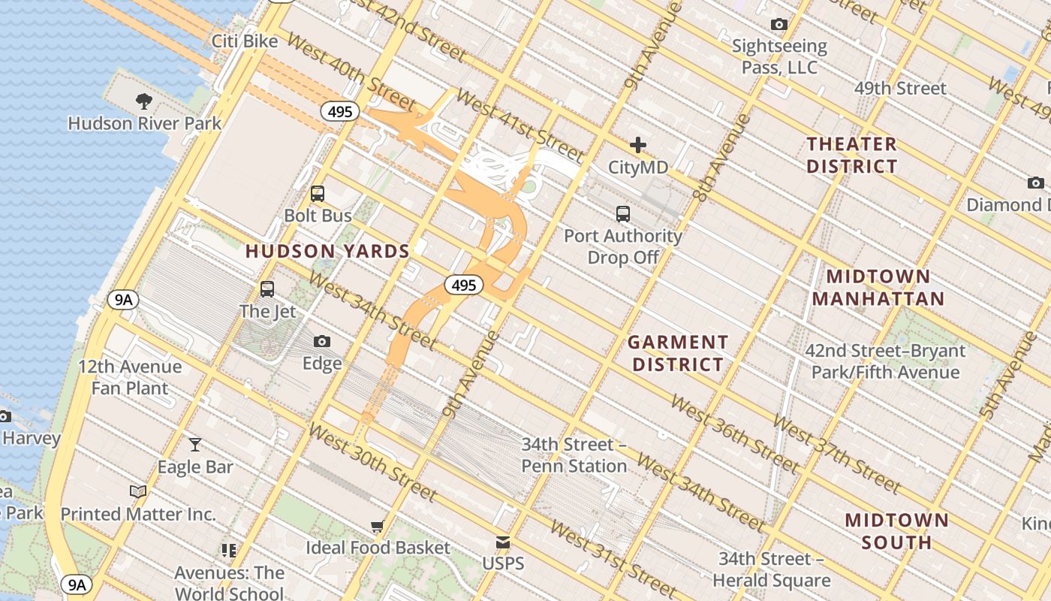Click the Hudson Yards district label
pyautogui.click(x=327, y=252)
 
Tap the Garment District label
pyautogui.click(x=678, y=353)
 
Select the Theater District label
pyautogui.click(x=851, y=155)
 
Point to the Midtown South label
pyautogui.click(x=896, y=530)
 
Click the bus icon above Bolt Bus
pyautogui.click(x=318, y=194)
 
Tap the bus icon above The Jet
pyautogui.click(x=267, y=289)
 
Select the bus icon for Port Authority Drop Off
pyautogui.click(x=623, y=214)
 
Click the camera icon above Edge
pyautogui.click(x=322, y=342)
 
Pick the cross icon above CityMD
pyautogui.click(x=638, y=145)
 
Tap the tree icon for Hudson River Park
pyautogui.click(x=144, y=101)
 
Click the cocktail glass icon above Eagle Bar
pyautogui.click(x=195, y=445)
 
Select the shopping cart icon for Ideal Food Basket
pyautogui.click(x=378, y=526)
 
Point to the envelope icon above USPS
pyautogui.click(x=503, y=542)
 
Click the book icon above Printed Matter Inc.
pyautogui.click(x=138, y=492)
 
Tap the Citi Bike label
pyautogui.click(x=245, y=41)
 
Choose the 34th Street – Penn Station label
pyautogui.click(x=574, y=455)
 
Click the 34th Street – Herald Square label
pyautogui.click(x=771, y=569)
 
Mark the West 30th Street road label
pyautogui.click(x=372, y=462)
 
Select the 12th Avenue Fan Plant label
pyautogui.click(x=130, y=377)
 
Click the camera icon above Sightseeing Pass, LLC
pyautogui.click(x=779, y=25)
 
